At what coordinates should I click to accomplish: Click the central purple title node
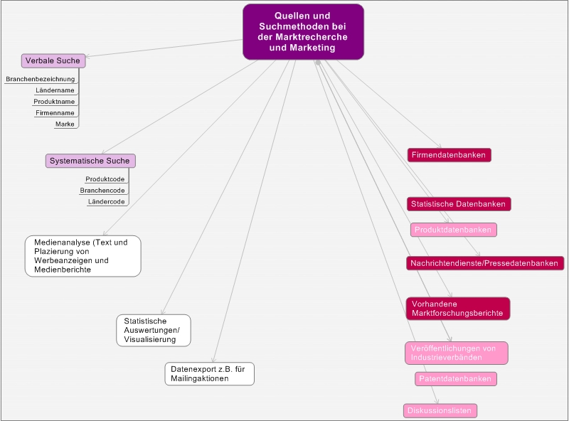(303, 31)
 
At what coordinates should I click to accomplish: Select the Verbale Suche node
(53, 61)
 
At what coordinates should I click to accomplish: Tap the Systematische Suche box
(90, 161)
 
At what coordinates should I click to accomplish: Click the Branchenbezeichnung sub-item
(41, 80)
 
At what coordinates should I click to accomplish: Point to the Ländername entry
(55, 91)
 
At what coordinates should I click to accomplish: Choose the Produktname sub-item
(54, 102)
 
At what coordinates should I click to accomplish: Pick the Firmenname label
(55, 113)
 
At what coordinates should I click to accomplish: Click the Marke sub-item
(65, 124)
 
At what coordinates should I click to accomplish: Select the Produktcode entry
(105, 180)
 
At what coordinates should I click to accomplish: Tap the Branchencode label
(102, 191)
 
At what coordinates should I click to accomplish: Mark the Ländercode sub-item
(107, 202)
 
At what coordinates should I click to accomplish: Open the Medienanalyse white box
(83, 256)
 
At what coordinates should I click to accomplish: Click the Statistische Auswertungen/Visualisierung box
(153, 331)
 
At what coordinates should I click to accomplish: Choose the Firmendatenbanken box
(449, 155)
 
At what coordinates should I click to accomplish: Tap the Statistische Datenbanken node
(459, 204)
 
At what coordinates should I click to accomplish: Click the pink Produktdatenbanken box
(454, 230)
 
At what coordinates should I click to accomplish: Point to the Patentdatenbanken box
(456, 379)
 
